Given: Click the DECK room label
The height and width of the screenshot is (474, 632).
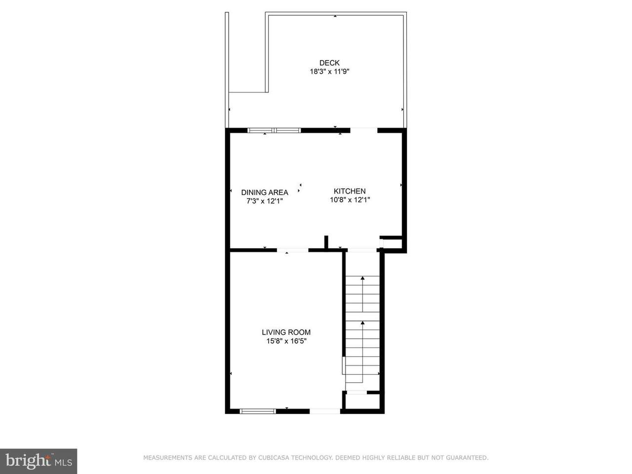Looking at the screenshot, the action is pyautogui.click(x=329, y=63).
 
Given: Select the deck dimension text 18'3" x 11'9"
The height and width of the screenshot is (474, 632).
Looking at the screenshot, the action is pyautogui.click(x=329, y=72).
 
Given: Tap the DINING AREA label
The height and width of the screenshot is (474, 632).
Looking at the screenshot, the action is pyautogui.click(x=265, y=192).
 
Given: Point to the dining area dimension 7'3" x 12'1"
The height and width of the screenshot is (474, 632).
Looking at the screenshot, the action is pyautogui.click(x=265, y=201).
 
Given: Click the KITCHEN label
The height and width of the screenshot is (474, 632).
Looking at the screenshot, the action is pyautogui.click(x=350, y=191).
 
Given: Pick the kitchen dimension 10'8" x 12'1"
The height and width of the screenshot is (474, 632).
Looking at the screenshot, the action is pyautogui.click(x=350, y=200).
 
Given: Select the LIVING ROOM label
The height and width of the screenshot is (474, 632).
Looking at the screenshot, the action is pyautogui.click(x=286, y=332).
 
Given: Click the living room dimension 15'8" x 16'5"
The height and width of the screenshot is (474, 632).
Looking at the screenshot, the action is pyautogui.click(x=286, y=341).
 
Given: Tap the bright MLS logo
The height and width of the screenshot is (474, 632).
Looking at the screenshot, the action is pyautogui.click(x=39, y=461).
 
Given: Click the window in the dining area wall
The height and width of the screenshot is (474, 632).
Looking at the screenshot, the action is pyautogui.click(x=274, y=130).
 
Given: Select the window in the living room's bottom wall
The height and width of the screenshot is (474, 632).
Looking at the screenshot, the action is pyautogui.click(x=258, y=411).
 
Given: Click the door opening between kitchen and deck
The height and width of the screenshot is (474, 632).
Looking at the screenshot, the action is pyautogui.click(x=364, y=130).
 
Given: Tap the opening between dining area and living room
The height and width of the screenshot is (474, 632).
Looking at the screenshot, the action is pyautogui.click(x=292, y=250).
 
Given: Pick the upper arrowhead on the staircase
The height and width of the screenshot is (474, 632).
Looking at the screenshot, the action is pyautogui.click(x=362, y=278).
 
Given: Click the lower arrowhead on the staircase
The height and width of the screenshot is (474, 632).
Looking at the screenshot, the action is pyautogui.click(x=362, y=323).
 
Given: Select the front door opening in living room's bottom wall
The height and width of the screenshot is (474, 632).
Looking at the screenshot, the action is pyautogui.click(x=325, y=411).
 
